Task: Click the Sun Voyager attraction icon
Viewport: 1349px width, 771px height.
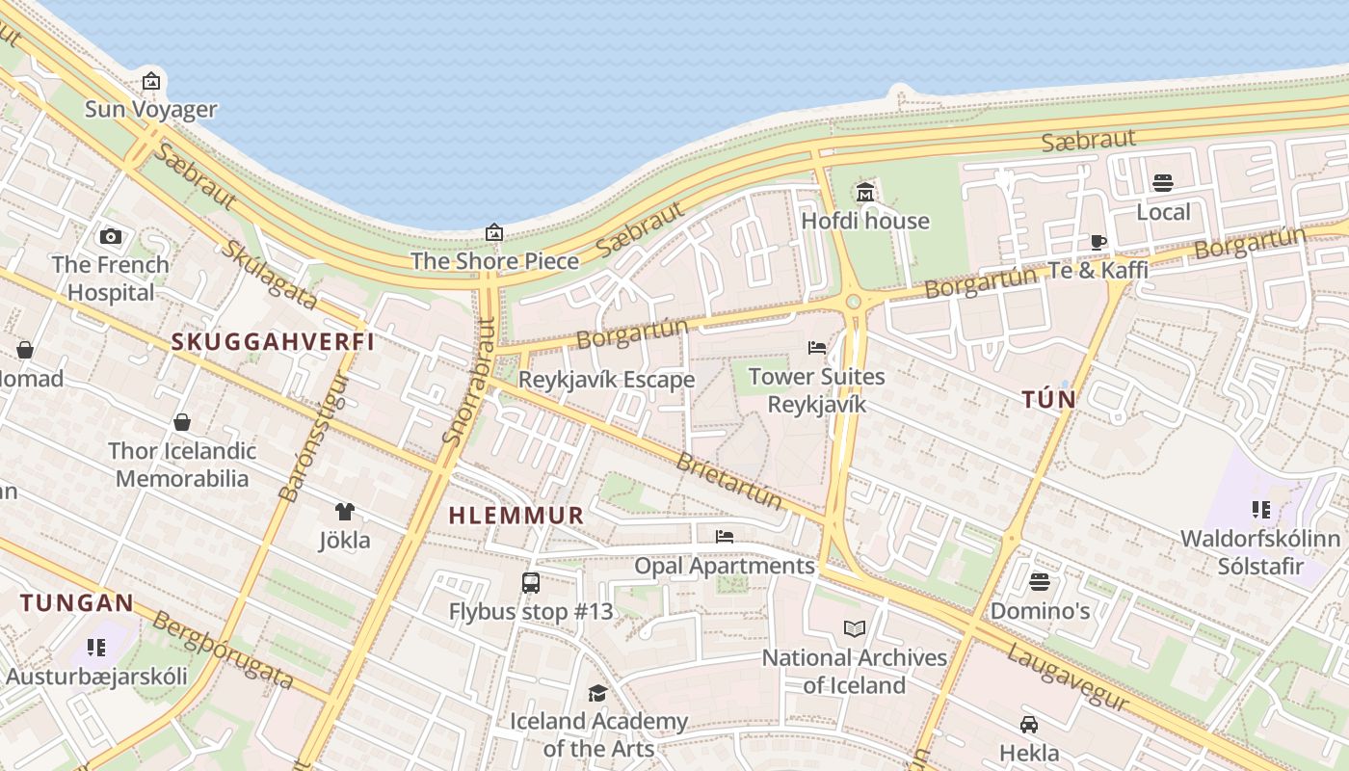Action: (150, 81)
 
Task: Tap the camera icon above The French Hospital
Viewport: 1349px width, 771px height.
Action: (111, 236)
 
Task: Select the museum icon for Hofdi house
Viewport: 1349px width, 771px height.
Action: (865, 193)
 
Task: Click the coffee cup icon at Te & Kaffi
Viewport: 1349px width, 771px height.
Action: (1098, 242)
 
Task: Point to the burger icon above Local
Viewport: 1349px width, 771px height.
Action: (1163, 183)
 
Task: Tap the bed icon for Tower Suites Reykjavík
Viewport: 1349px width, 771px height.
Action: (817, 348)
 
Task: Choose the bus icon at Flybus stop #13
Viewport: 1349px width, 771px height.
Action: (531, 582)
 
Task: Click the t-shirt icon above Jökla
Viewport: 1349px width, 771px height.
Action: (344, 512)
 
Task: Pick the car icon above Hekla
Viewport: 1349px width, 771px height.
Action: (1029, 725)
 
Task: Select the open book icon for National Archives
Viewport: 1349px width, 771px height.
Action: (855, 629)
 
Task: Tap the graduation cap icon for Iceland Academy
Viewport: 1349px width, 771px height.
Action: (597, 693)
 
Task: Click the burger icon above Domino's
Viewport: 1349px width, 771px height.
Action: (1039, 582)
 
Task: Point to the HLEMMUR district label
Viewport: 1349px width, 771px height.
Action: (516, 516)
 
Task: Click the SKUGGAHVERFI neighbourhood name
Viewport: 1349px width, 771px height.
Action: (273, 341)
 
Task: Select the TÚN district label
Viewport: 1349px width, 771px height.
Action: (1049, 399)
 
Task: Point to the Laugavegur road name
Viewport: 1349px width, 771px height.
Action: (1068, 679)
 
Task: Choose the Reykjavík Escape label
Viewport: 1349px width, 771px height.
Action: (606, 380)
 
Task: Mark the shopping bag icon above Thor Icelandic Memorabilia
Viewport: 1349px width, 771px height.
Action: (181, 422)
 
